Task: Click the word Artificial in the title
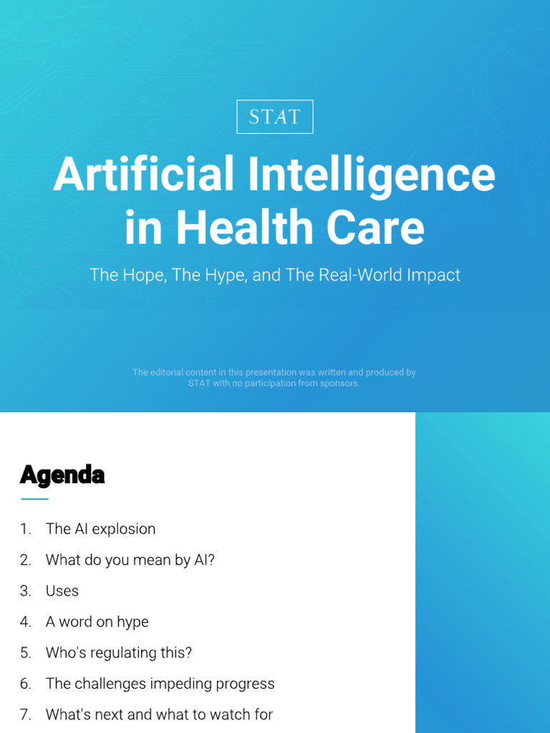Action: coord(143,173)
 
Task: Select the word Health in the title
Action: coord(244,227)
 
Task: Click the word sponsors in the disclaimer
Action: coord(340,384)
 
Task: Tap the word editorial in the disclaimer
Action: coord(167,372)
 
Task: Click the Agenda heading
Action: coord(62,476)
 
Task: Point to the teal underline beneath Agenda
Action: coord(34,499)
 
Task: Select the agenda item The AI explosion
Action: coord(100,529)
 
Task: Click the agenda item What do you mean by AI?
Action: coord(130,560)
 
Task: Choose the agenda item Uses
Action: coord(62,591)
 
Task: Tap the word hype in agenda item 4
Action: coord(132,623)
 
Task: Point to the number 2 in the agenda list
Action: coord(25,560)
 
